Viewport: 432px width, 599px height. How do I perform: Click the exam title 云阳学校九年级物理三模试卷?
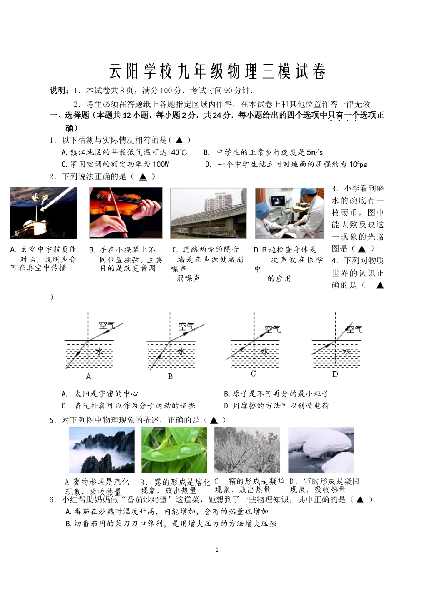(217, 71)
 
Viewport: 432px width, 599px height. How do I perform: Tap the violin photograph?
(126, 213)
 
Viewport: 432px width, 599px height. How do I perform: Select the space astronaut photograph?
(43, 213)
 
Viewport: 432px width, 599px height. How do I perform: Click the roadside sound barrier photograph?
(208, 213)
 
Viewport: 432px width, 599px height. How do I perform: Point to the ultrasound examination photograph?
(289, 213)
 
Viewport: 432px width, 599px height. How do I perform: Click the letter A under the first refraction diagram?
(89, 377)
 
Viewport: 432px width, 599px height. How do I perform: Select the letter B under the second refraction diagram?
(170, 377)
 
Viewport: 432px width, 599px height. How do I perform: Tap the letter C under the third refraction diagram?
(253, 374)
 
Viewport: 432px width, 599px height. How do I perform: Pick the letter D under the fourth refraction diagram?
(335, 374)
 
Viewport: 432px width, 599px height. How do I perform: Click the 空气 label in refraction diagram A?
(107, 326)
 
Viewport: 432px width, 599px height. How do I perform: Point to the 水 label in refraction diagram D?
(347, 352)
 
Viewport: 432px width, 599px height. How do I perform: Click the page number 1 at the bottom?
(216, 549)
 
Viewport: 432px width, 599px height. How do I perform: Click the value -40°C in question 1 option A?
(177, 152)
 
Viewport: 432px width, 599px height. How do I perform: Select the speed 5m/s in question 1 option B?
(315, 152)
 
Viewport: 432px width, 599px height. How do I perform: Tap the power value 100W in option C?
(161, 164)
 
